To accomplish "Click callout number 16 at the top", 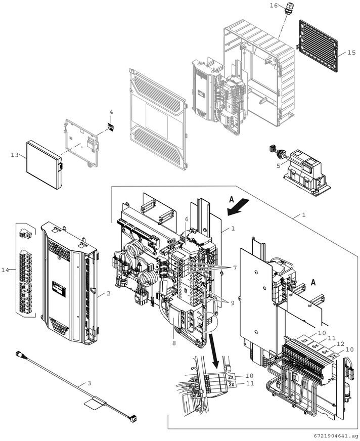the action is coord(274,6).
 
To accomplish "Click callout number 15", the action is coord(351,53).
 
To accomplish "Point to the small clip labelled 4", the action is coord(111,127).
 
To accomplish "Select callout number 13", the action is coord(15,155).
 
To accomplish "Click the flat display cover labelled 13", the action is coord(44,165).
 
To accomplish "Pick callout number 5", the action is coord(278,166).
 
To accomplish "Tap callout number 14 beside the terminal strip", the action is coord(5,270).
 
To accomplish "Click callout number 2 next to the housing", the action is coord(108,293).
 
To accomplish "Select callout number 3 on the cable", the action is coord(89,383).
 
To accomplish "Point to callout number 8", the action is coord(174,343).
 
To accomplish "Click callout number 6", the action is coord(187,219).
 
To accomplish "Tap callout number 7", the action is coord(235,268).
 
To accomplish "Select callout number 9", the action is coord(232,303).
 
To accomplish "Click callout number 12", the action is coord(340,344).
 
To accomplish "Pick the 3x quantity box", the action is coord(334,356).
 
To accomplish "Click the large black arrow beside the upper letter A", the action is coord(238,207).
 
